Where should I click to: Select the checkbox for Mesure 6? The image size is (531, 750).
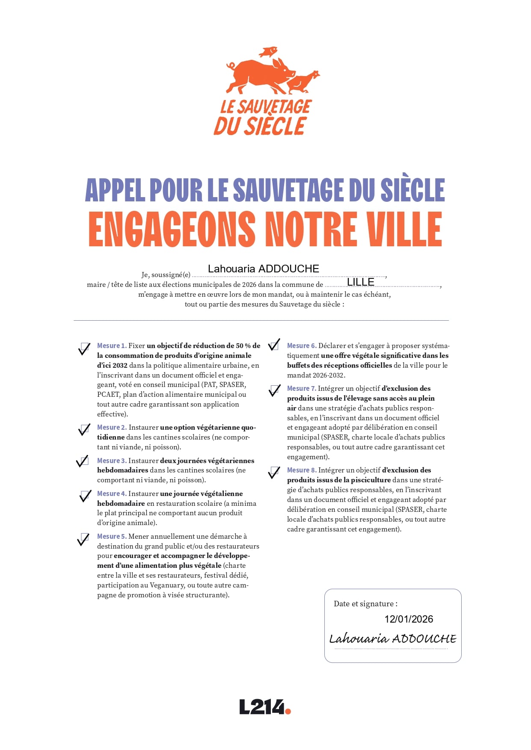[274, 345]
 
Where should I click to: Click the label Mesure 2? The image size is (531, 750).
[112, 428]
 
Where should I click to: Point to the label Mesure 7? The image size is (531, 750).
[301, 389]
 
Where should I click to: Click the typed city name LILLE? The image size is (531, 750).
[360, 282]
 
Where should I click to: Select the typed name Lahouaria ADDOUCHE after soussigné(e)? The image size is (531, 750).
[263, 269]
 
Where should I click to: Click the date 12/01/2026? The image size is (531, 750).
[409, 619]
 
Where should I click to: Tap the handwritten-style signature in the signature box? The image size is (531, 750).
[392, 639]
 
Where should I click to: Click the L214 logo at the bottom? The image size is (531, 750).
[265, 707]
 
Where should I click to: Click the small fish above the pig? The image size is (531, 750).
[268, 52]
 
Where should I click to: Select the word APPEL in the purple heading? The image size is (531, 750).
[114, 190]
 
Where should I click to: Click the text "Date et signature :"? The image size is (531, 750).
[365, 604]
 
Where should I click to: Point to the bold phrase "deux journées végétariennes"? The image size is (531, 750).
[207, 461]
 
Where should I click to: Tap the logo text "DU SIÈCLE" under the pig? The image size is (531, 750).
[260, 126]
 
